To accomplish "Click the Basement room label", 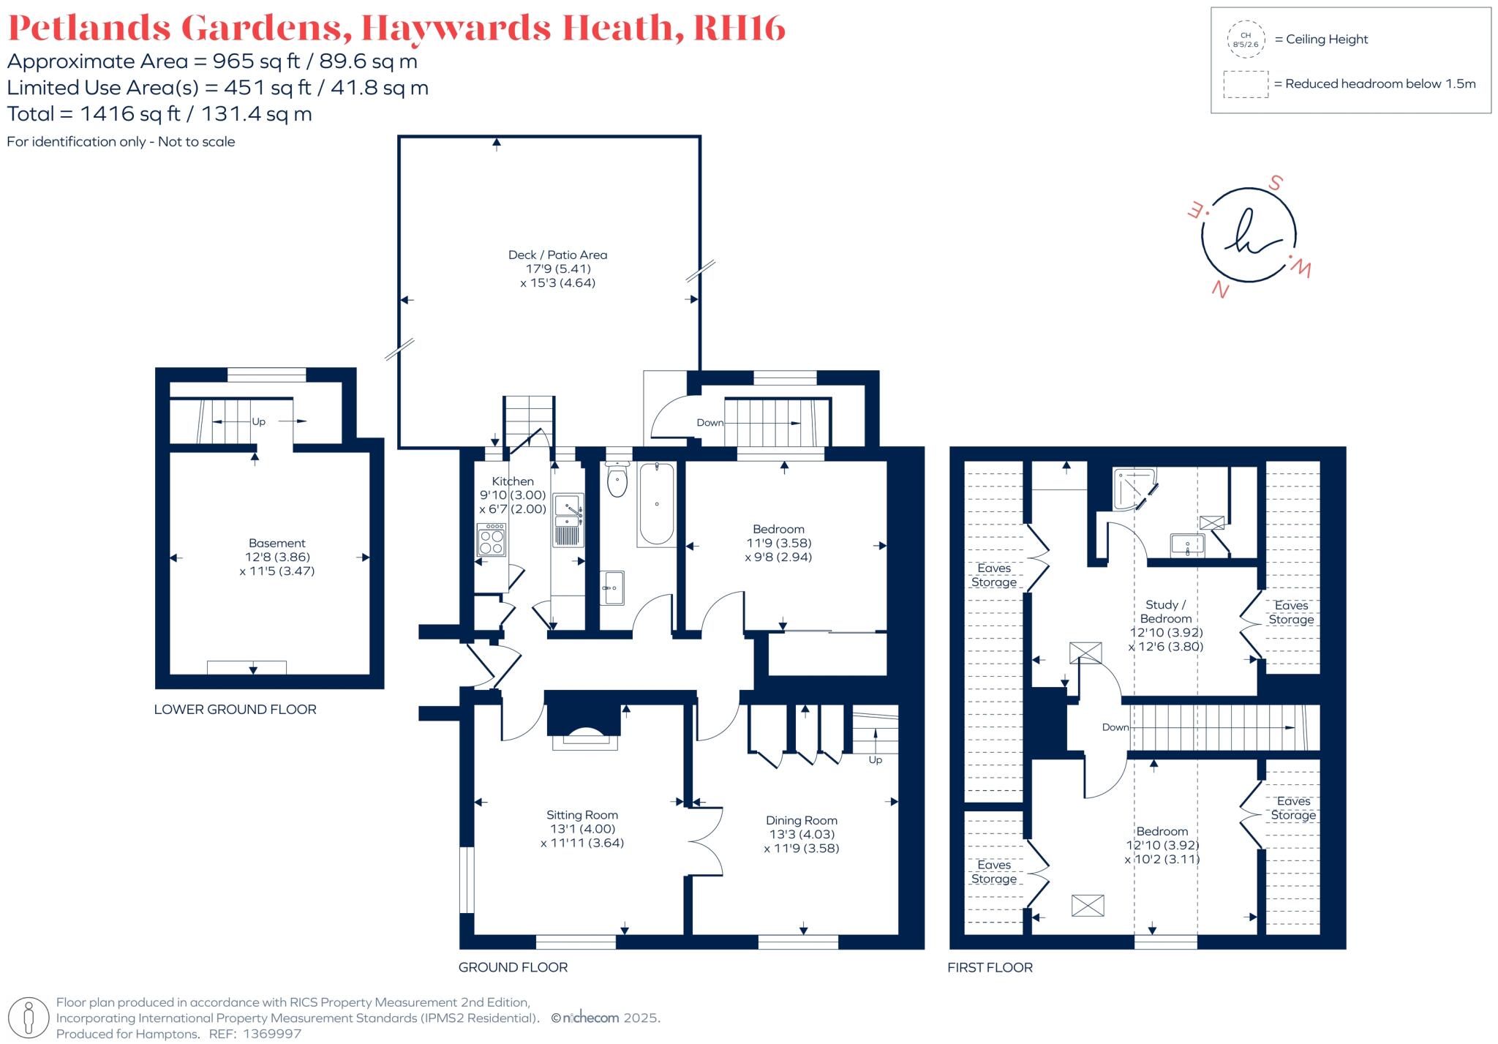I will [276, 543].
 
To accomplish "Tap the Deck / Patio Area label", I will [557, 255].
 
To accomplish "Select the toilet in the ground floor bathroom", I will [617, 480].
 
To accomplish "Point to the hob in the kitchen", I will [491, 541].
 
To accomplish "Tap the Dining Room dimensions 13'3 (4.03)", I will [802, 834].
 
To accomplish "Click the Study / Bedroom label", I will [1165, 612].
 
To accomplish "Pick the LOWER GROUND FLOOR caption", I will [235, 709].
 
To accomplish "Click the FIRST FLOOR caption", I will [990, 967].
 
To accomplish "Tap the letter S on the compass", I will [1276, 183].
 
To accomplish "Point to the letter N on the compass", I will [1219, 290].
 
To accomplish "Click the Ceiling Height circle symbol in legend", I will [1246, 40].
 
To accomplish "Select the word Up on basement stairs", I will [258, 421].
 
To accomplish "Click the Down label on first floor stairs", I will [1115, 727].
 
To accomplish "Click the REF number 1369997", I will [271, 1034].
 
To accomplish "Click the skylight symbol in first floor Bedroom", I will [1088, 906].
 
